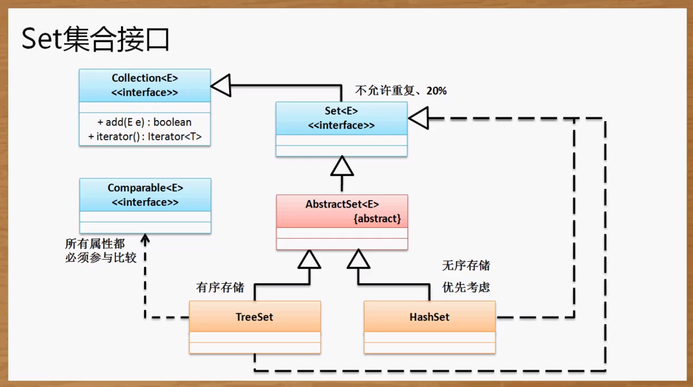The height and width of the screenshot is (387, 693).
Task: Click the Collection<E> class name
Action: point(145,78)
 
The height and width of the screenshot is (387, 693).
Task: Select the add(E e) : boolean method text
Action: point(144,122)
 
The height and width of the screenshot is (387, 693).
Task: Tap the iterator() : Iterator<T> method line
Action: point(144,136)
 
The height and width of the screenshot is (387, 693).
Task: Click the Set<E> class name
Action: point(341,111)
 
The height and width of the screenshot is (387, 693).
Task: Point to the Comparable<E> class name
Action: point(145,188)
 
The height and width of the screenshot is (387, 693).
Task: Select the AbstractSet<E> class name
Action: point(342,204)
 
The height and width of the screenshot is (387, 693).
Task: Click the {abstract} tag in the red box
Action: point(377,218)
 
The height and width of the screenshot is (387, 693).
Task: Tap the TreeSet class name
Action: point(254,317)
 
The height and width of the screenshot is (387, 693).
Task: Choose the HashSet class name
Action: point(429,317)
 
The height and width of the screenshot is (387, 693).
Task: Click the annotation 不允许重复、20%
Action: point(401,91)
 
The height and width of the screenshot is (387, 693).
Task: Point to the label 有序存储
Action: point(220,288)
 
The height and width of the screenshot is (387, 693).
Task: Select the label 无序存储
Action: point(466,265)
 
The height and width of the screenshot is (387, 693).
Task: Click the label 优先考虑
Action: point(466,288)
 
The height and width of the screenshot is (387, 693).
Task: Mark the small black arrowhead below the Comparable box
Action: point(145,239)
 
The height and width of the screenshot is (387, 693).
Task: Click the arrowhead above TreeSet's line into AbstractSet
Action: point(309,259)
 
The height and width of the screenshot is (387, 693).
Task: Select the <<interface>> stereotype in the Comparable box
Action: point(145,202)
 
